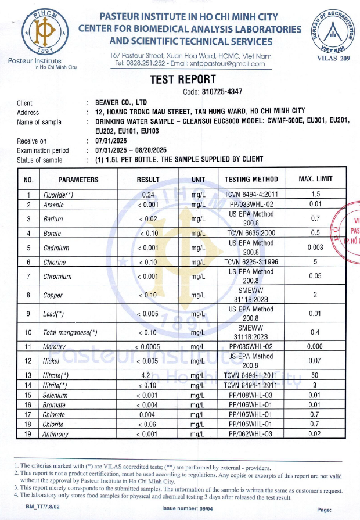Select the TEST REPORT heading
coord(182,80)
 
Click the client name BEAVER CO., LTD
coord(121,103)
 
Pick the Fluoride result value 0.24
coord(147,195)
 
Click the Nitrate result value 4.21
coord(147,375)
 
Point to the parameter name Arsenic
coord(53,205)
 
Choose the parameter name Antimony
coord(56,434)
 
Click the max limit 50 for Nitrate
coord(315,375)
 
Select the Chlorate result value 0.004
coord(147,414)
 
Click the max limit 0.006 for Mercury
coord(315,347)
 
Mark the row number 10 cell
coord(28,333)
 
